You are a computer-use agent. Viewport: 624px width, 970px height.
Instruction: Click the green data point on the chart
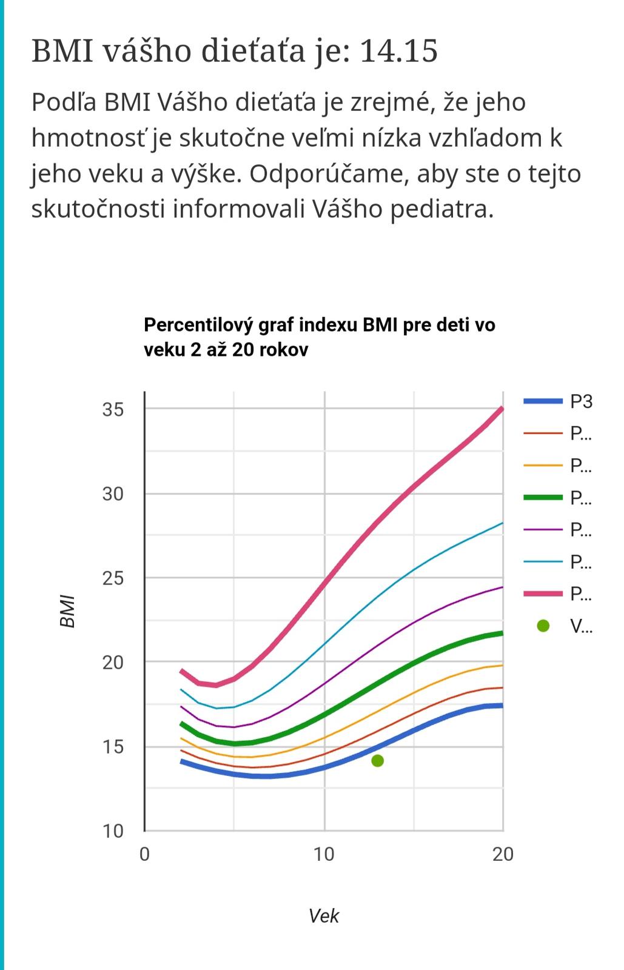click(x=377, y=760)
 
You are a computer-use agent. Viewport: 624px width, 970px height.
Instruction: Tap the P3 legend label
click(x=581, y=401)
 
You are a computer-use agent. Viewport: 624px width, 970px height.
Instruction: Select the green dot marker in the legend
click(x=543, y=626)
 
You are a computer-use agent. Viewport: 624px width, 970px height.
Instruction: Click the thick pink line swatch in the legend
click(x=543, y=594)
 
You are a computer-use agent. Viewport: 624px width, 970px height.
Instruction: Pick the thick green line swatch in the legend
click(x=543, y=498)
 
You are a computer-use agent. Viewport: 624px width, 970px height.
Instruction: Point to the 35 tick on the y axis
click(x=113, y=410)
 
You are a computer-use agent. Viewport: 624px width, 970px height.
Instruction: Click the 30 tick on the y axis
click(x=113, y=494)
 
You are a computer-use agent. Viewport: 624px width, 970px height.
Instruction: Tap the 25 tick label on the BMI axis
click(x=113, y=578)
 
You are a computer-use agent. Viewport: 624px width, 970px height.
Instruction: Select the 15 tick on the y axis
click(x=113, y=747)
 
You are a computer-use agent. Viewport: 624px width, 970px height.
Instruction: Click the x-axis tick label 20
click(x=503, y=854)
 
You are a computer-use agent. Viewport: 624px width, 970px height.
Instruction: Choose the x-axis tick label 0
click(x=144, y=854)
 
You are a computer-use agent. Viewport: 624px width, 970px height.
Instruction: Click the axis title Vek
click(x=324, y=915)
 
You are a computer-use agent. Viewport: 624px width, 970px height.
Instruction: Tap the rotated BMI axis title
click(x=68, y=612)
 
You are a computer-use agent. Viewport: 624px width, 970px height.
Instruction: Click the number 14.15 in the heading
click(x=398, y=51)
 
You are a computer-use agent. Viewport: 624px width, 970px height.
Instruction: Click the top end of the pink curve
click(x=502, y=409)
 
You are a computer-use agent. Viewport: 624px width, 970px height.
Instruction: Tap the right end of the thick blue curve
click(x=502, y=705)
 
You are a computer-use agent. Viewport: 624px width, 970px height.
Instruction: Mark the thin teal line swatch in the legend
click(x=543, y=562)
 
